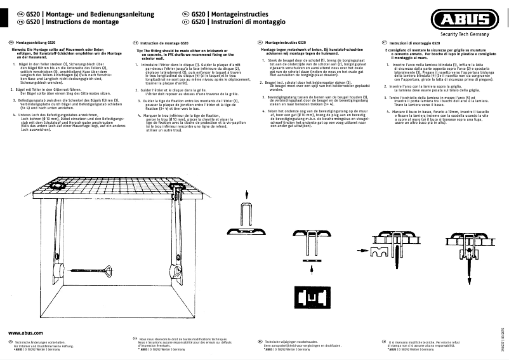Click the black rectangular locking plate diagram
tap(310, 296)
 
